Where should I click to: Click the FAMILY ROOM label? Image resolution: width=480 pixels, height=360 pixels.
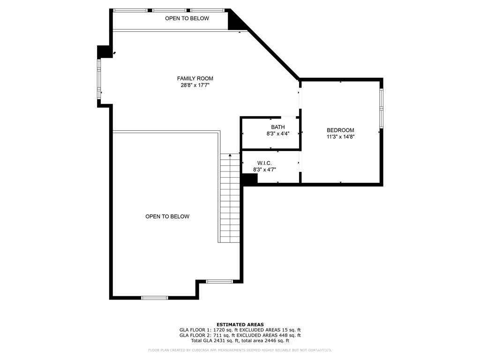[195, 78]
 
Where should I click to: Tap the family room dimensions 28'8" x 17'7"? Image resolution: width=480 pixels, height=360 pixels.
[195, 85]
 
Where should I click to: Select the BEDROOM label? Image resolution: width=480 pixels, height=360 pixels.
[340, 130]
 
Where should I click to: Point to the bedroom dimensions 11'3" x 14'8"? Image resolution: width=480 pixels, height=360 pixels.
[340, 137]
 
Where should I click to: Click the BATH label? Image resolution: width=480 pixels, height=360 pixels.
[277, 127]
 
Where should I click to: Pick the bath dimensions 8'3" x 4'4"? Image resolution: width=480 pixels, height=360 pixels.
[277, 134]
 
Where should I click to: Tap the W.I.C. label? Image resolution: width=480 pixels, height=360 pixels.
[264, 163]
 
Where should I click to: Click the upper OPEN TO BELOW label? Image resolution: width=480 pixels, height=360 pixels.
[187, 18]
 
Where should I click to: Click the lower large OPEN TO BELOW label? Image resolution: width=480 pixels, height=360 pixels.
[167, 217]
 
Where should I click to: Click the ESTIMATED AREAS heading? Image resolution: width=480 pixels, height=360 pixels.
[240, 324]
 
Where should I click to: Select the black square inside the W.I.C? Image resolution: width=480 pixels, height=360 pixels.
[249, 179]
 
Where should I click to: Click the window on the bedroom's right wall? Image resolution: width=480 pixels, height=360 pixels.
[381, 108]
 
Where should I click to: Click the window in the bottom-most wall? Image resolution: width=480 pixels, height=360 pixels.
[155, 297]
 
